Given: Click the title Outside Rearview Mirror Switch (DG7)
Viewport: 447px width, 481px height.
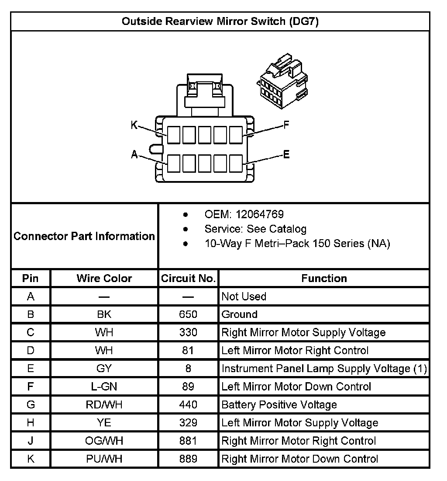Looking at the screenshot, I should [x=220, y=21].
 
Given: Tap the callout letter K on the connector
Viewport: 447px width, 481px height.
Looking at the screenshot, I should [x=134, y=125].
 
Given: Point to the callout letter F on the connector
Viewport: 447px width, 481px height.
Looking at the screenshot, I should [x=286, y=125].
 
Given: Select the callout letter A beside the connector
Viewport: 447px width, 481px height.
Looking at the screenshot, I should [x=134, y=154].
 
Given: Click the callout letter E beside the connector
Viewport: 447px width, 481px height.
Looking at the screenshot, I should [x=286, y=154].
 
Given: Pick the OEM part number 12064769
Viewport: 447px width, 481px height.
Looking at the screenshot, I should [x=259, y=214].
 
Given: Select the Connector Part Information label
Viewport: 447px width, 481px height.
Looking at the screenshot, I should [x=84, y=236].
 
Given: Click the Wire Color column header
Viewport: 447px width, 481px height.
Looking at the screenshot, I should [x=104, y=278].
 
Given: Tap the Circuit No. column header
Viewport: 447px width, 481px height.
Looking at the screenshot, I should [x=188, y=278].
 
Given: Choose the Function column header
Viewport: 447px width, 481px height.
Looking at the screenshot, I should [x=324, y=278].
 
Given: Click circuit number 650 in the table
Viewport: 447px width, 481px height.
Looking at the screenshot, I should [x=188, y=314].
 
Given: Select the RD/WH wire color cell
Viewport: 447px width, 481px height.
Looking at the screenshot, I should [x=104, y=405].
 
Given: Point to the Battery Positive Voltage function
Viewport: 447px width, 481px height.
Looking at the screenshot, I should [x=279, y=405].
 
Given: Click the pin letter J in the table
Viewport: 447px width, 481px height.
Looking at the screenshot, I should [x=31, y=441].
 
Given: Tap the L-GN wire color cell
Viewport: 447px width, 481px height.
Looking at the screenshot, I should [x=104, y=387].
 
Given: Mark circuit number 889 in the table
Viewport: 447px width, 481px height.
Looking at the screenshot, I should [x=188, y=459].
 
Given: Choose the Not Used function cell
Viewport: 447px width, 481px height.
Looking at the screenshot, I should [x=244, y=296].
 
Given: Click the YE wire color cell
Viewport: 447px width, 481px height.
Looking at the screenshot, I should [x=104, y=423].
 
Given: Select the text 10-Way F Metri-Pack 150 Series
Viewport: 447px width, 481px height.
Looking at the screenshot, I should [x=297, y=243].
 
